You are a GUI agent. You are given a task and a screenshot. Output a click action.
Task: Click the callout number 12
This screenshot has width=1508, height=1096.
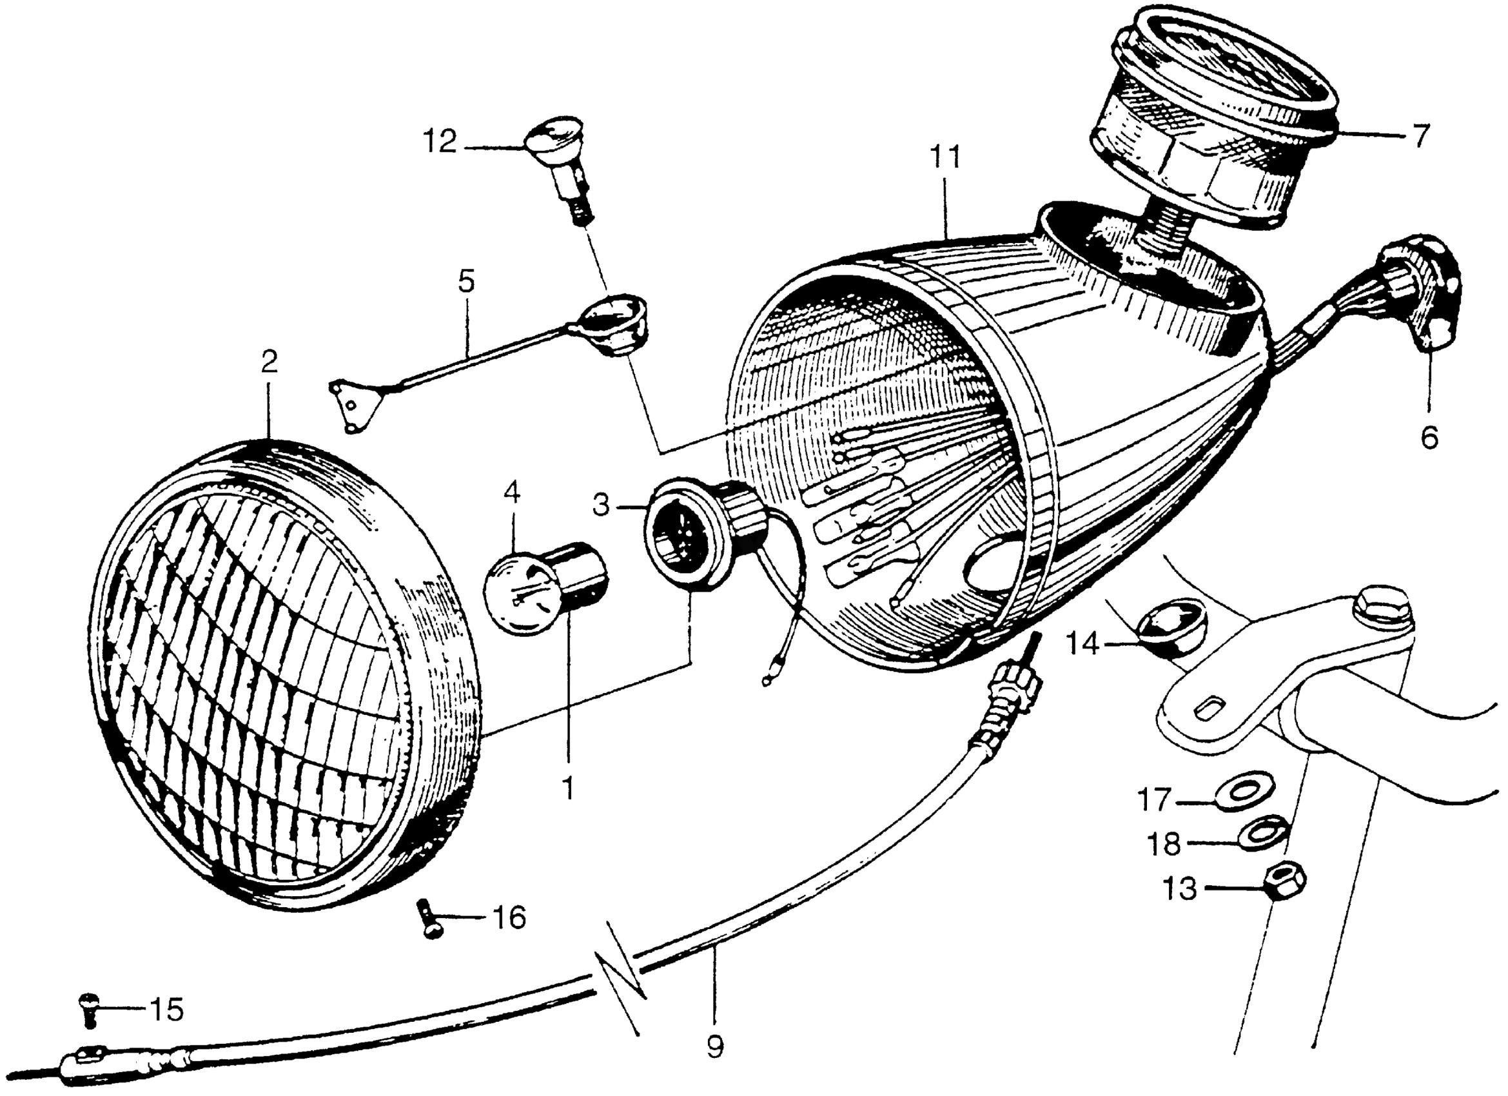441,142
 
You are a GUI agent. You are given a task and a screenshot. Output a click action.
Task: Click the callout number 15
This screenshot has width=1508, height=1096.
166,1010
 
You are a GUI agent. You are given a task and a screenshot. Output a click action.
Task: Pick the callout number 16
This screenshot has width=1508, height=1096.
509,919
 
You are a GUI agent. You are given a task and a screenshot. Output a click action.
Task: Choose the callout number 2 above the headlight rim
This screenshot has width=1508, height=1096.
269,362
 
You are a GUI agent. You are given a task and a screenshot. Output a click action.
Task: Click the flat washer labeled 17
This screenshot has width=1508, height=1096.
1240,792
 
